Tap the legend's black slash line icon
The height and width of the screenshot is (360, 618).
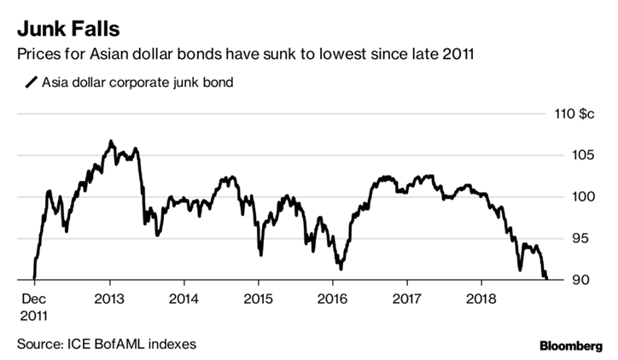[x=32, y=83]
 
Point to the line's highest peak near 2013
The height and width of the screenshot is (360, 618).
[x=111, y=141]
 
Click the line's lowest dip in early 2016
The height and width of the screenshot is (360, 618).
[x=341, y=269]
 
